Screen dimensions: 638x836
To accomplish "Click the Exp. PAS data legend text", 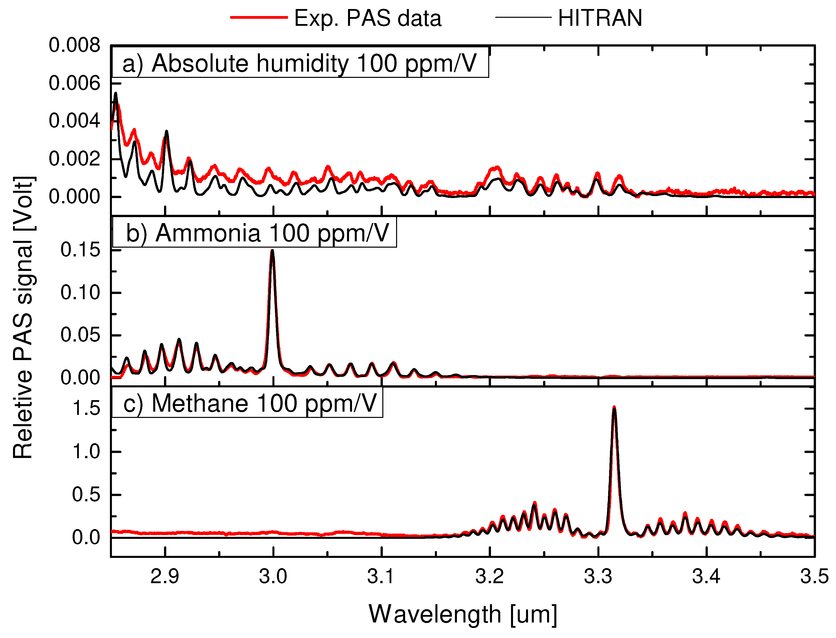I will [368, 18].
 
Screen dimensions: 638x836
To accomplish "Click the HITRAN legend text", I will [600, 18].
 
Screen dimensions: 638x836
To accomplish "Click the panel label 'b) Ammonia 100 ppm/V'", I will [257, 233].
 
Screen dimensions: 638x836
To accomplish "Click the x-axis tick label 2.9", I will [165, 576].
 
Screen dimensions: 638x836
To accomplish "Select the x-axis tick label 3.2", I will [489, 576].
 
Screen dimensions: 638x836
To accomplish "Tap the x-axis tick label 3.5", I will [814, 576].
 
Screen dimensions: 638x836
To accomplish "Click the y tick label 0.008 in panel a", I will [74, 46].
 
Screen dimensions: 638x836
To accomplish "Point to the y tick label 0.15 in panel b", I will [80, 250].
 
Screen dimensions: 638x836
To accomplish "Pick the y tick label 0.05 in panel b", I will [80, 335].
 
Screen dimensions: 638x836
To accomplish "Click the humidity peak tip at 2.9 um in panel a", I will [166, 131].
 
